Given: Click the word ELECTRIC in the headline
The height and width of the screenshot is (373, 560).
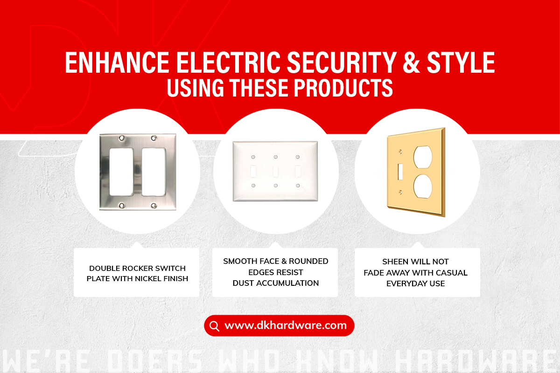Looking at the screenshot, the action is tap(229, 62).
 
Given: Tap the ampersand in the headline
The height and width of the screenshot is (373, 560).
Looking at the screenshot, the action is tap(411, 62).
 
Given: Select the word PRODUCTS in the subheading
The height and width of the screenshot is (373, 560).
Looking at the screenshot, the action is tap(343, 88).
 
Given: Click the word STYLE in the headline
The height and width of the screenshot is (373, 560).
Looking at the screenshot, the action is tap(461, 62).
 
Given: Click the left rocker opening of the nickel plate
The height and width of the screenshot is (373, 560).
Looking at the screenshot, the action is tap(121, 172).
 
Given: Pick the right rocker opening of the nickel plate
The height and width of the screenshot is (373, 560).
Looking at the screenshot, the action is tap(154, 172).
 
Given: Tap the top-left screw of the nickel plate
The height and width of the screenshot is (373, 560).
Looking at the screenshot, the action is tap(121, 138).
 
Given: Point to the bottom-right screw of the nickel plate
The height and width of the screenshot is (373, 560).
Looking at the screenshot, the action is tap(154, 206).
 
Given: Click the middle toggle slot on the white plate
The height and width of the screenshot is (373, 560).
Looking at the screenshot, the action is tap(275, 172).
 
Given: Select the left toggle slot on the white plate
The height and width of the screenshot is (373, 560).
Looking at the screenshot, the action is tap(253, 172).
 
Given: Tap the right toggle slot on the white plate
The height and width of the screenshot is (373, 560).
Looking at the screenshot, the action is tap(298, 172).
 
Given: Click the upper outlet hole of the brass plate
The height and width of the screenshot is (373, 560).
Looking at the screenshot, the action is tap(422, 158).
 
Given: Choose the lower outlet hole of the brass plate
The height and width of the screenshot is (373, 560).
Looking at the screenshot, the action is tap(422, 186).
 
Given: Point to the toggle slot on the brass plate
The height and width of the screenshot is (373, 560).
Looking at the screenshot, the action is tap(400, 172).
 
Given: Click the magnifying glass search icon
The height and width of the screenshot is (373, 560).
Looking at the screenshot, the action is tap(214, 326).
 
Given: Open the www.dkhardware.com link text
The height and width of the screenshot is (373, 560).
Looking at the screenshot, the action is tap(286, 325).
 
